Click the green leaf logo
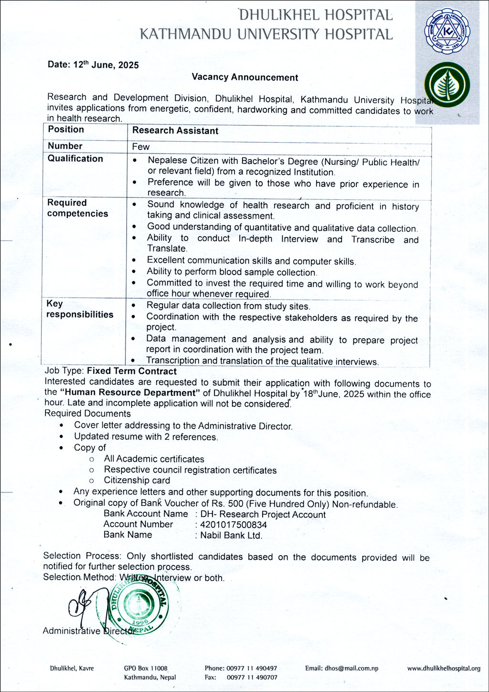click(447, 85)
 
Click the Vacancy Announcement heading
click(244, 77)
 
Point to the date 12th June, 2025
click(93, 65)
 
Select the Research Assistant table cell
click(175, 131)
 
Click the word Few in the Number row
click(141, 147)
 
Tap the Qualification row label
click(75, 159)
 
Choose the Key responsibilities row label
click(79, 309)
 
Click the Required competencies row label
click(77, 208)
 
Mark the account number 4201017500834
click(234, 525)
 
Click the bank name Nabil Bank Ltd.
click(231, 536)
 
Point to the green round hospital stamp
click(141, 606)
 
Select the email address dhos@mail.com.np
click(341, 668)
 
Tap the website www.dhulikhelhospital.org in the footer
click(444, 669)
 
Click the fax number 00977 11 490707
click(252, 677)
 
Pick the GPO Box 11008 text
click(146, 669)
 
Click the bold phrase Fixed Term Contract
click(132, 371)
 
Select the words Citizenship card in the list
click(137, 481)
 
